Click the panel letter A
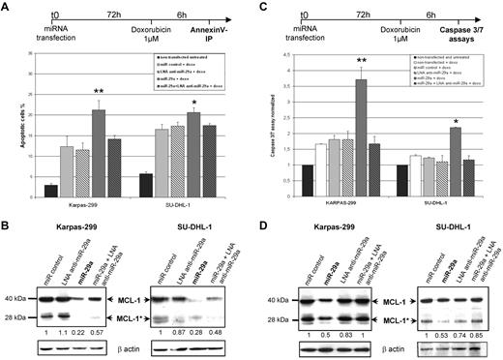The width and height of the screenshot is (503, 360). pos(6,8)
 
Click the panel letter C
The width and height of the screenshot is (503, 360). pos(260,8)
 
